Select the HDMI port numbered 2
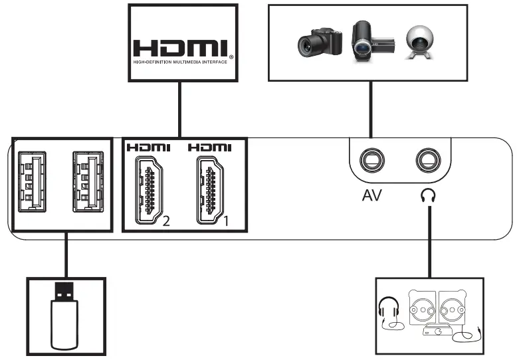[x=150, y=190]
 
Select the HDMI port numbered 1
[x=210, y=190]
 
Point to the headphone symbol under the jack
[x=429, y=197]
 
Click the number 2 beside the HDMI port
[x=166, y=222]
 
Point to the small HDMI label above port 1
[x=210, y=147]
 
